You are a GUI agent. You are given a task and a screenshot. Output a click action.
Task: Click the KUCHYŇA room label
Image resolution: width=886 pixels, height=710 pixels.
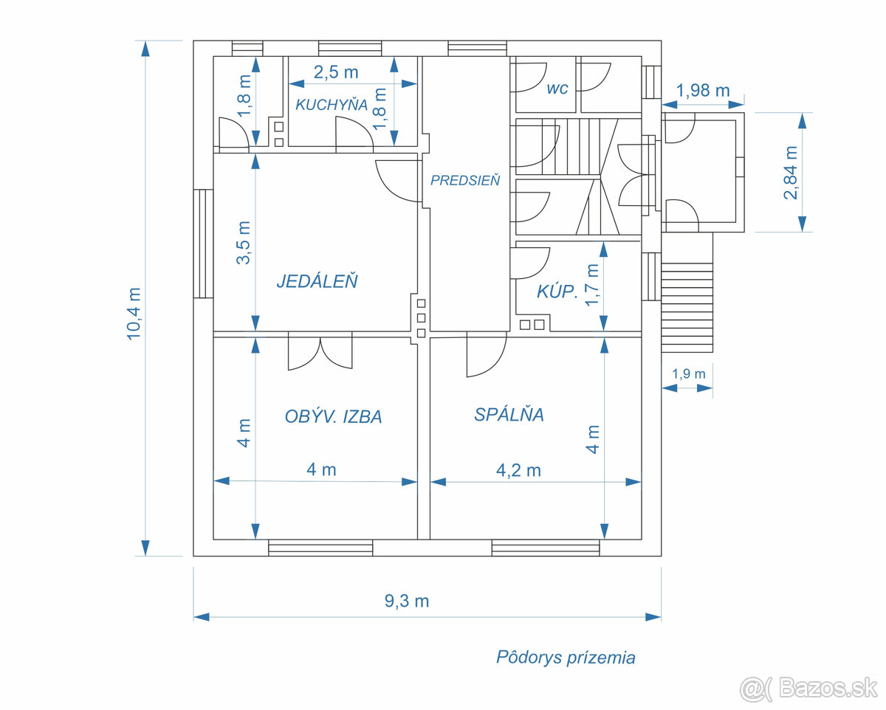pos(332,104)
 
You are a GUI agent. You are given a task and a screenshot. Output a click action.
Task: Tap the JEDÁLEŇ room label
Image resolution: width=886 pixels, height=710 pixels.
pos(317,281)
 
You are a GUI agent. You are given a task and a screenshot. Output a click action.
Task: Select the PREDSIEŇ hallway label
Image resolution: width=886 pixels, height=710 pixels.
pos(465,180)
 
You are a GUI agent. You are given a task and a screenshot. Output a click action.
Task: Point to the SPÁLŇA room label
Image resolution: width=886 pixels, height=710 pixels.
pos(509,415)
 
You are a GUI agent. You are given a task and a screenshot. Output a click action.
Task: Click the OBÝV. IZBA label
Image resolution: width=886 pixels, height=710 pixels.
pos(333,417)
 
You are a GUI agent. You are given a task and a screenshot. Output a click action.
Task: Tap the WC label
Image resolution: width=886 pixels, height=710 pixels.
pos(557,89)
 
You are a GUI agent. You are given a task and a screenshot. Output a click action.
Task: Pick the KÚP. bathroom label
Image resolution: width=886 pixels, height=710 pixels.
pos(557,292)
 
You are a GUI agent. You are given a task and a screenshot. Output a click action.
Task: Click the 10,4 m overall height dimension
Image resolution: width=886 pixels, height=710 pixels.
pos(134,312)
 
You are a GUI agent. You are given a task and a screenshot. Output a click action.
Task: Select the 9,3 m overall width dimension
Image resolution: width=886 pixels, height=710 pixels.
pos(407,601)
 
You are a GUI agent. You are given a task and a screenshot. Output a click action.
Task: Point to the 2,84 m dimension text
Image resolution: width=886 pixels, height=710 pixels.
pos(791,173)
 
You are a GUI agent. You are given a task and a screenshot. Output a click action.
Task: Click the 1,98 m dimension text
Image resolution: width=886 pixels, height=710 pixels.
pos(703,91)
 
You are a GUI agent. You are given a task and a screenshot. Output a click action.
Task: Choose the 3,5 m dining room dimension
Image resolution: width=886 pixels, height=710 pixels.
pos(244,242)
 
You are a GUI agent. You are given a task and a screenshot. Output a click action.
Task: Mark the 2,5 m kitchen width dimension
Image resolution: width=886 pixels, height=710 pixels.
pos(336,72)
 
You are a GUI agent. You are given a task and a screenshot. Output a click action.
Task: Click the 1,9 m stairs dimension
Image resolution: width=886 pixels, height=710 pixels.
pos(688,373)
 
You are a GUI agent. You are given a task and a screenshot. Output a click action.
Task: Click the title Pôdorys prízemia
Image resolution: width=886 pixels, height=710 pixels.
pos(566,658)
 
